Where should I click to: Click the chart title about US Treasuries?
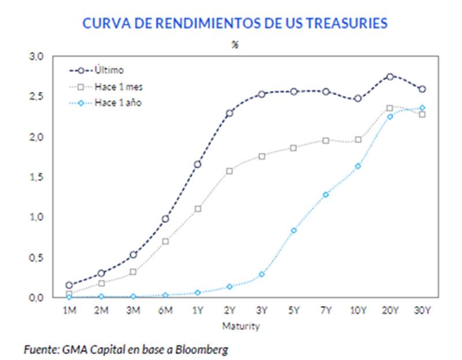click(234, 24)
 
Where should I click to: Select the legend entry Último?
click(109, 70)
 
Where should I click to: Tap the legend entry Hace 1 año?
click(117, 103)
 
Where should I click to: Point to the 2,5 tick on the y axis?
click(36, 97)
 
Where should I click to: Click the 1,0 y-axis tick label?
click(36, 217)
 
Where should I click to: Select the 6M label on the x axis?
click(165, 311)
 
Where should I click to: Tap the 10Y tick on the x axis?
click(358, 311)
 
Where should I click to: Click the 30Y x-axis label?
click(422, 311)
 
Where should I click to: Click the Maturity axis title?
click(241, 327)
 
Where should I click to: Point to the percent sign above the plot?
click(235, 45)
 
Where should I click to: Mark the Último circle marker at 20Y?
click(390, 76)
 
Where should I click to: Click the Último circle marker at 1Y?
click(198, 164)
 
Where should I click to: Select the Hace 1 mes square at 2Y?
click(229, 171)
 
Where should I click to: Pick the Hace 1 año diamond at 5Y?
click(294, 230)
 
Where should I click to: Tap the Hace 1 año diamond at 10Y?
click(358, 166)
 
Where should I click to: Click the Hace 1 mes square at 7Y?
click(326, 141)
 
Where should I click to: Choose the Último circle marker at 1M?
click(69, 285)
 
